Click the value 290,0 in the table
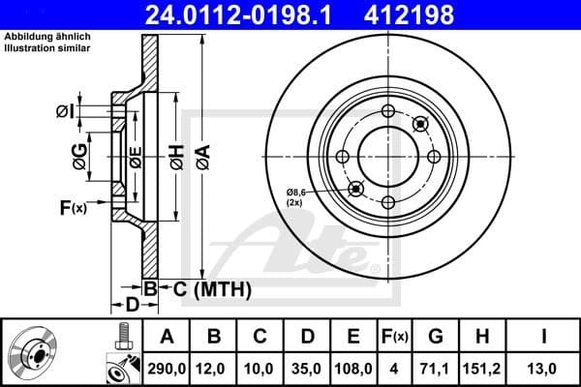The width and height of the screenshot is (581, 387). click(166, 368)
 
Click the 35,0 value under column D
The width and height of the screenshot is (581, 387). click(307, 368)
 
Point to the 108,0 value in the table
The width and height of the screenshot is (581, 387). click(354, 368)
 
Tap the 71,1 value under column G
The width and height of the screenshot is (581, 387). click(436, 368)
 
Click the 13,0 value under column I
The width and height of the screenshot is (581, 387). click(545, 368)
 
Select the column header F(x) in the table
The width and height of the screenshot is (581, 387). click(397, 336)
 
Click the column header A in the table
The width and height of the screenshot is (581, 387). click(166, 336)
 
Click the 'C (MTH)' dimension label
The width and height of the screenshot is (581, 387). click(205, 288)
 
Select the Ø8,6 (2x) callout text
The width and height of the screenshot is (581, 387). click(299, 199)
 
